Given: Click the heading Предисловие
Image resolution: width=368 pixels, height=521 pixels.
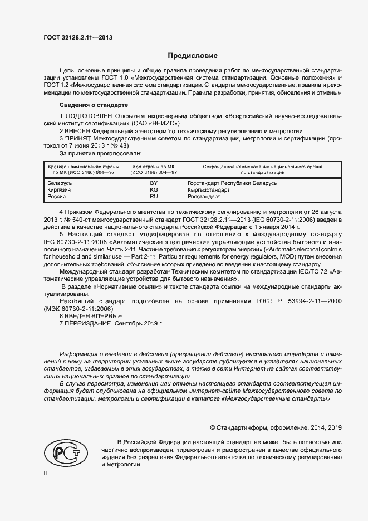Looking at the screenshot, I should point(193,56).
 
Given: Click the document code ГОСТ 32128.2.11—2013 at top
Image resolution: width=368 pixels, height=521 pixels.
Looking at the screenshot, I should point(78,37).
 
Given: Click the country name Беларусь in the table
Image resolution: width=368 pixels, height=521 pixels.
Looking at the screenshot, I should point(60,183).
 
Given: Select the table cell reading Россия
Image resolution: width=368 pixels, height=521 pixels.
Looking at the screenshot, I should point(57,196).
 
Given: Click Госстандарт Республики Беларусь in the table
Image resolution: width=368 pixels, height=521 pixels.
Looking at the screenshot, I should point(232,183).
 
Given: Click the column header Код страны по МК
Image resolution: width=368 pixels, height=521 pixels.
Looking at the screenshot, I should point(154,167).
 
